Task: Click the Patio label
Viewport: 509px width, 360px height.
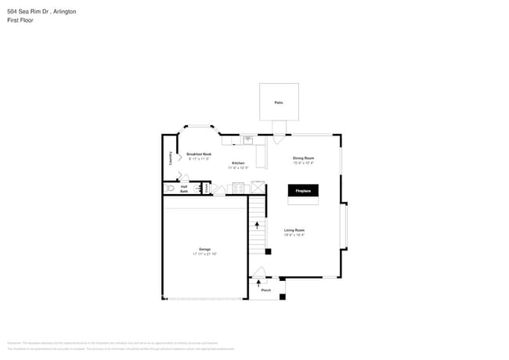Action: click(x=279, y=103)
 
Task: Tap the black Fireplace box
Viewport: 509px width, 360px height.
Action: click(x=303, y=191)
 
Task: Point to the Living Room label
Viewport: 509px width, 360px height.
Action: click(x=294, y=230)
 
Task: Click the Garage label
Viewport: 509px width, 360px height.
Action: click(x=204, y=250)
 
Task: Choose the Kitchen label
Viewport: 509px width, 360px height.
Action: click(x=238, y=164)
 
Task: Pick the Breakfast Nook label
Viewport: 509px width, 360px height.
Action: click(x=199, y=154)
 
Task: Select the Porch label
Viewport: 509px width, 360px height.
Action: click(x=265, y=290)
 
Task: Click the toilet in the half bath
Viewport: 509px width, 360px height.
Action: click(x=170, y=189)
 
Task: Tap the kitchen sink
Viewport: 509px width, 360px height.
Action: click(x=247, y=140)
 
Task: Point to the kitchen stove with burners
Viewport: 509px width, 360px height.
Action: click(x=238, y=189)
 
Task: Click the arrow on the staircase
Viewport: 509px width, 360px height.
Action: click(x=257, y=225)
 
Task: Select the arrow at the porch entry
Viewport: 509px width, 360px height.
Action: click(x=258, y=282)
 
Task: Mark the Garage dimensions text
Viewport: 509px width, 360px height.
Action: click(x=204, y=254)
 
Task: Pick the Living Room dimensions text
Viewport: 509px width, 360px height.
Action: click(x=294, y=235)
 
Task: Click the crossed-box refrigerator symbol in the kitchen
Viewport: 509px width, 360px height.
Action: click(x=257, y=189)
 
